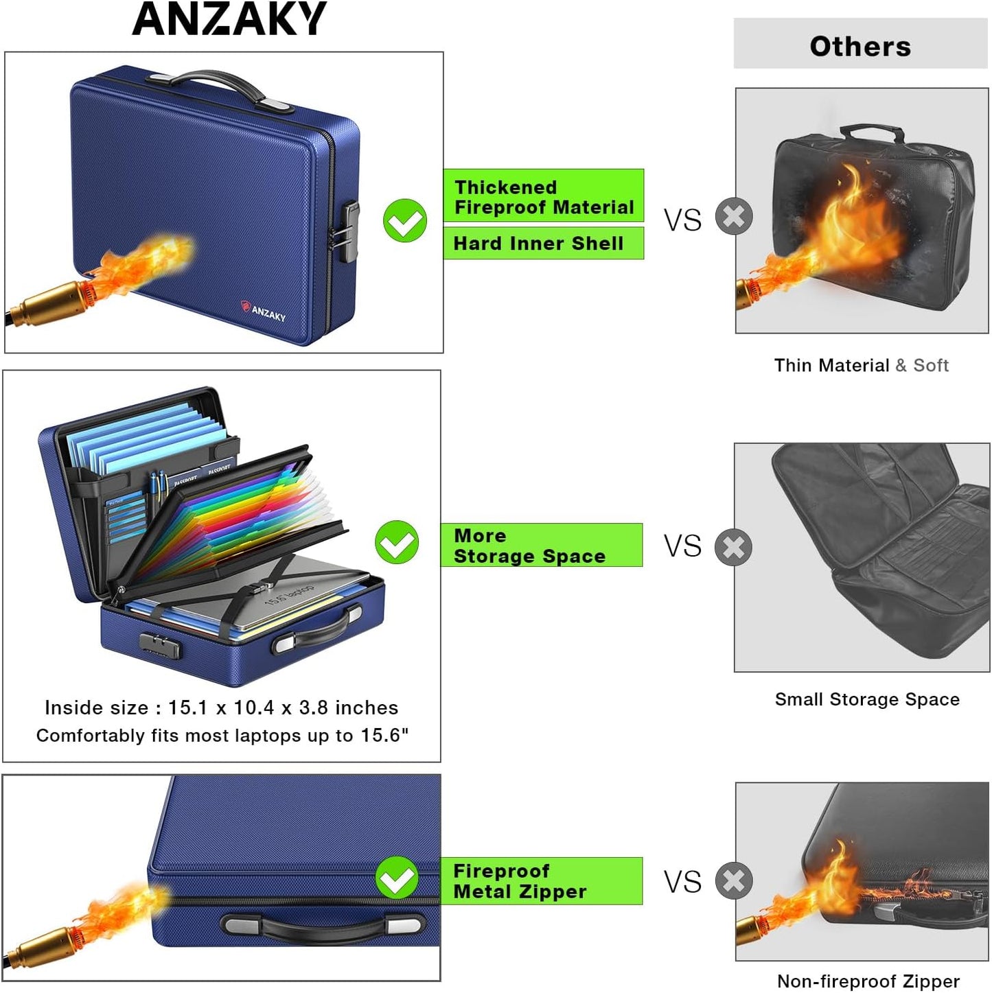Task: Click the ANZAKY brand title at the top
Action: (229, 19)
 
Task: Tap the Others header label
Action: (860, 47)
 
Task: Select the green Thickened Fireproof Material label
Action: (544, 196)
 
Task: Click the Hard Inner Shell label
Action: (544, 243)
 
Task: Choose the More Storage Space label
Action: (542, 545)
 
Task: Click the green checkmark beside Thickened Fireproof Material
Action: (405, 220)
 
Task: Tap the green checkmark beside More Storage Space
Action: (397, 542)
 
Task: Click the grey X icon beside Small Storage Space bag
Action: (733, 547)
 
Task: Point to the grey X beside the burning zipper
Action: (734, 880)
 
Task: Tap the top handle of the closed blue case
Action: (220, 89)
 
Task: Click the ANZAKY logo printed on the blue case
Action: (264, 311)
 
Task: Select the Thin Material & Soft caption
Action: (861, 365)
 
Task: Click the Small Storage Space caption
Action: (866, 699)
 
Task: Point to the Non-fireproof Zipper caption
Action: (868, 981)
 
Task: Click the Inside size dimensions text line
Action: (221, 708)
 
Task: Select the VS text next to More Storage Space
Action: (682, 546)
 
